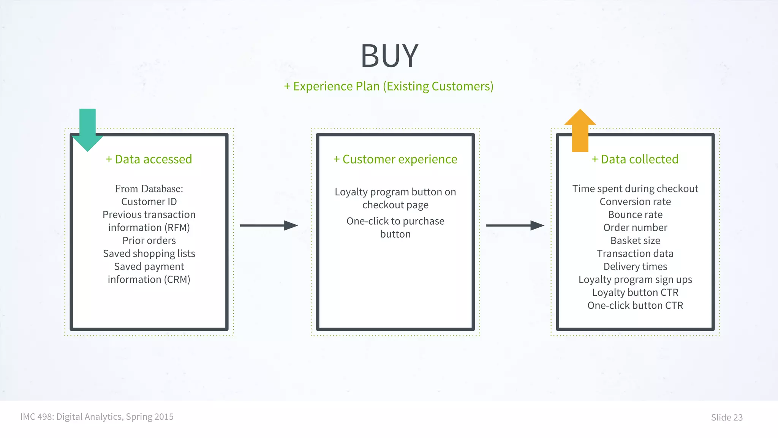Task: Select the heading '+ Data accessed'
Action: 149,159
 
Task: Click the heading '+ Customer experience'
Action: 395,159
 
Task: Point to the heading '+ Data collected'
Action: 635,159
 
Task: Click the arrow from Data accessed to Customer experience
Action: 269,225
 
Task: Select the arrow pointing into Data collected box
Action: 515,225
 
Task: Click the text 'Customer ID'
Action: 149,202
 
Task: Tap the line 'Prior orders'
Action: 149,241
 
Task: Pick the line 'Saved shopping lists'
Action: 149,254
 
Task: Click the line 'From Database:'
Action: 149,189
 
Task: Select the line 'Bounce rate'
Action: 635,215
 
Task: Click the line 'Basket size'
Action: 635,241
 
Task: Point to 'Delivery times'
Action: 635,267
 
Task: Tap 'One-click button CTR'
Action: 635,306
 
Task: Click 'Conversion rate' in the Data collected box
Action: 635,202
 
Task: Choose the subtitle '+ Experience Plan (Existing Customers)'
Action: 389,86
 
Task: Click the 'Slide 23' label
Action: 727,417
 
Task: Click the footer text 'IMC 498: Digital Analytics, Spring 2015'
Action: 97,417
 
